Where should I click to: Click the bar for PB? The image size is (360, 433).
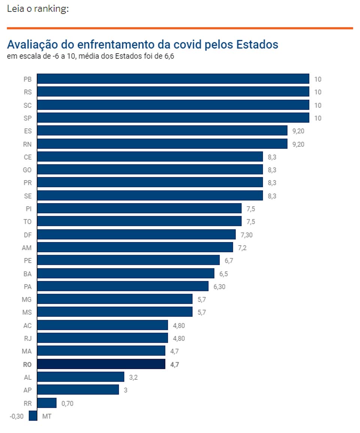point(173,79)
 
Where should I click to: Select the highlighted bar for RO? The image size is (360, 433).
point(101,364)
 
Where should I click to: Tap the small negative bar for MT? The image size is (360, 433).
point(33,416)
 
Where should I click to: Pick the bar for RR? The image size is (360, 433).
point(47,403)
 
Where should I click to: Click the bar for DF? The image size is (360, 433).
point(136,234)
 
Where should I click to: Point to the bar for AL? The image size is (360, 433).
point(81,377)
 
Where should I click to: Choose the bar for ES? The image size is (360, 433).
point(162,131)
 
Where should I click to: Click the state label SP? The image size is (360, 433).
point(27,118)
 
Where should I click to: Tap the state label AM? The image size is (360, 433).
point(27,247)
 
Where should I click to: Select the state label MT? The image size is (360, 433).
point(47,416)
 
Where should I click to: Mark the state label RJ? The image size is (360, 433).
point(27,338)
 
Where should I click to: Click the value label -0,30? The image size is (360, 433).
point(16,416)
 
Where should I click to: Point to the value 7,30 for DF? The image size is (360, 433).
point(247,235)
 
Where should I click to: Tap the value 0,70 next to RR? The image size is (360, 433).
point(67,403)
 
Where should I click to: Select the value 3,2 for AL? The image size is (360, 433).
point(133,377)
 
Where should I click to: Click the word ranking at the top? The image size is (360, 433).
point(51,9)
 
